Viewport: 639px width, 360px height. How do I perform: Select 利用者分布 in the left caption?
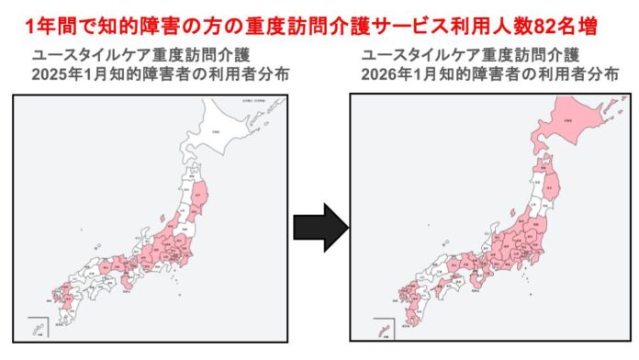pos(249,73)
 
